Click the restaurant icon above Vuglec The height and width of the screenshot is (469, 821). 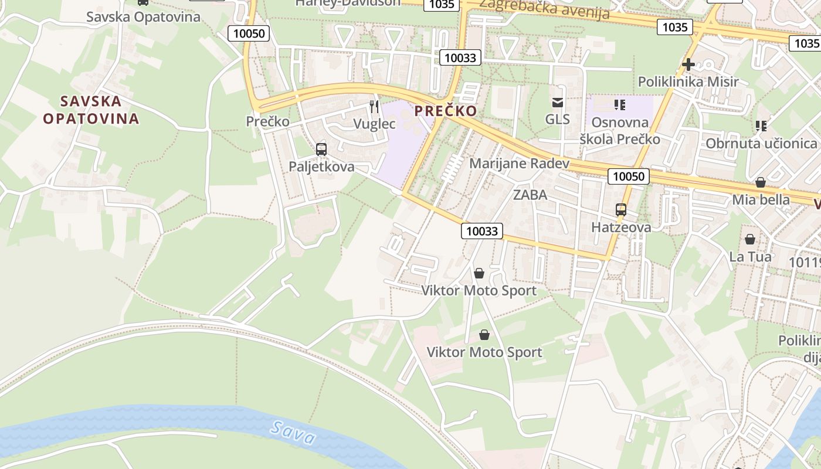(x=374, y=107)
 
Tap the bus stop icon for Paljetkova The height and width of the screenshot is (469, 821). (x=321, y=149)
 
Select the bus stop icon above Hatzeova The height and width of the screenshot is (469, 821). (x=620, y=209)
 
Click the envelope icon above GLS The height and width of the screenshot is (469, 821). (x=557, y=103)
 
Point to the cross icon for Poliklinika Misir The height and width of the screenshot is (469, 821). (x=688, y=64)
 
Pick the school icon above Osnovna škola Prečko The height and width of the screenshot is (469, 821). (x=620, y=105)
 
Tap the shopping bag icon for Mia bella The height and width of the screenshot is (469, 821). (x=761, y=182)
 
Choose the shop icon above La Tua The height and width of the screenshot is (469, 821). (x=750, y=239)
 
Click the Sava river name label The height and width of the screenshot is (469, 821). (x=293, y=433)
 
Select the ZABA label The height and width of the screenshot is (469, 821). (x=530, y=195)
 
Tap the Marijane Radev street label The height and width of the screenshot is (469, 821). (x=520, y=163)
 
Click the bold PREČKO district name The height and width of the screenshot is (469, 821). (x=446, y=111)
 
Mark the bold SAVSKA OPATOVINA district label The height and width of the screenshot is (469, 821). (x=91, y=110)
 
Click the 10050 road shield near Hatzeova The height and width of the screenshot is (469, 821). (x=629, y=176)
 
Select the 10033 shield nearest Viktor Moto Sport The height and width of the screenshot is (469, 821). (x=482, y=231)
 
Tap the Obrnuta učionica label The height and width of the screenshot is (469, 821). (x=761, y=144)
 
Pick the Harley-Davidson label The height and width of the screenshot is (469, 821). (x=348, y=2)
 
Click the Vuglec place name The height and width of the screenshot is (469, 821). (x=375, y=124)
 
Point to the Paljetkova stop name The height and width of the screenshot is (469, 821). (x=321, y=166)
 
